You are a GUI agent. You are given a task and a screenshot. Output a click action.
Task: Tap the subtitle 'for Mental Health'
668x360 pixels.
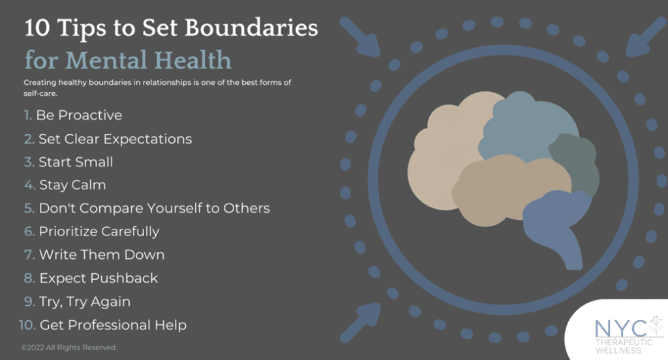coord(128,61)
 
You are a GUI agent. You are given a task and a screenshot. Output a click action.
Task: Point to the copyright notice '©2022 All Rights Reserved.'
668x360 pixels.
coord(69,348)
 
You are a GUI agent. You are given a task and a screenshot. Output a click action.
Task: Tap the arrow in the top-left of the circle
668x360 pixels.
coord(361,37)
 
